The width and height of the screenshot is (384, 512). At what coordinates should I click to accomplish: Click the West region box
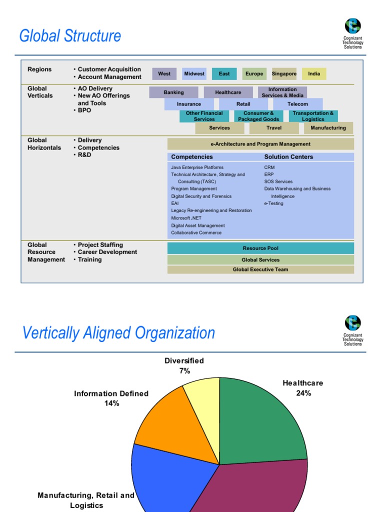[x=164, y=74]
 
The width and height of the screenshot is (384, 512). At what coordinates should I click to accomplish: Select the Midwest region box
[x=194, y=74]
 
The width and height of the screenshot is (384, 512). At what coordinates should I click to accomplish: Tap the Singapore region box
[x=284, y=74]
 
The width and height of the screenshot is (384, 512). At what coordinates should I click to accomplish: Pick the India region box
[x=314, y=74]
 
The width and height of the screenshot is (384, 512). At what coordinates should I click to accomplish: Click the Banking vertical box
[x=173, y=92]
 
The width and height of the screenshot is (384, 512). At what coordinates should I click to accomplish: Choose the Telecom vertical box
[x=297, y=104]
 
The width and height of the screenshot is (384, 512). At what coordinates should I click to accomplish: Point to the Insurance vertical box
[x=189, y=104]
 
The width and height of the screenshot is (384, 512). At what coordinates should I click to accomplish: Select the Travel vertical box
[x=273, y=128]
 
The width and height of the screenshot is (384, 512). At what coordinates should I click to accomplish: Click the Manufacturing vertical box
[x=328, y=128]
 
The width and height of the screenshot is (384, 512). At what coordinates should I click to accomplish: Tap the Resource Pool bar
[x=260, y=248]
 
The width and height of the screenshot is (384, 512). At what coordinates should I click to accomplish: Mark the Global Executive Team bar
[x=260, y=269]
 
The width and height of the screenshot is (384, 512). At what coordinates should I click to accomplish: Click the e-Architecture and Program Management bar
[x=260, y=144]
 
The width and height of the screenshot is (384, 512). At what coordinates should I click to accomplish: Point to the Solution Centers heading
[x=288, y=157]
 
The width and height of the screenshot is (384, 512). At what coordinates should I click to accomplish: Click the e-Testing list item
[x=273, y=203]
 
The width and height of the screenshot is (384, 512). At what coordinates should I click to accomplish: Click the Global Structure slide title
[x=70, y=36]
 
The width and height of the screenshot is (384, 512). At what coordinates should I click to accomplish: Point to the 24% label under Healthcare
[x=303, y=393]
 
